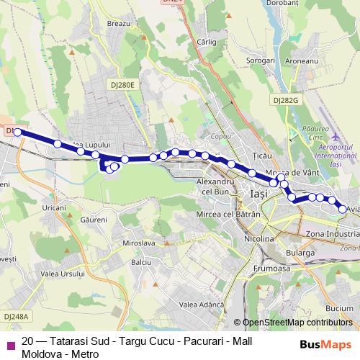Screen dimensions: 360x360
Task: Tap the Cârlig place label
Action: coord(207,42)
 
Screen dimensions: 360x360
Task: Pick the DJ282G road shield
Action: coord(286,100)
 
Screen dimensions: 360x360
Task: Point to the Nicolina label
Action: coord(258,238)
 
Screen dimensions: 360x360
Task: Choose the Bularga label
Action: coord(300,253)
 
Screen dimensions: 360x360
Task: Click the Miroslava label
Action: coord(140,243)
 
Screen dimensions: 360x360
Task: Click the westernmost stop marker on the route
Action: coord(18,132)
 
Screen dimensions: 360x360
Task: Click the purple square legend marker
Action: coord(10,344)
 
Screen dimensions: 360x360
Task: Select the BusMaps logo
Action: coord(326,344)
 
